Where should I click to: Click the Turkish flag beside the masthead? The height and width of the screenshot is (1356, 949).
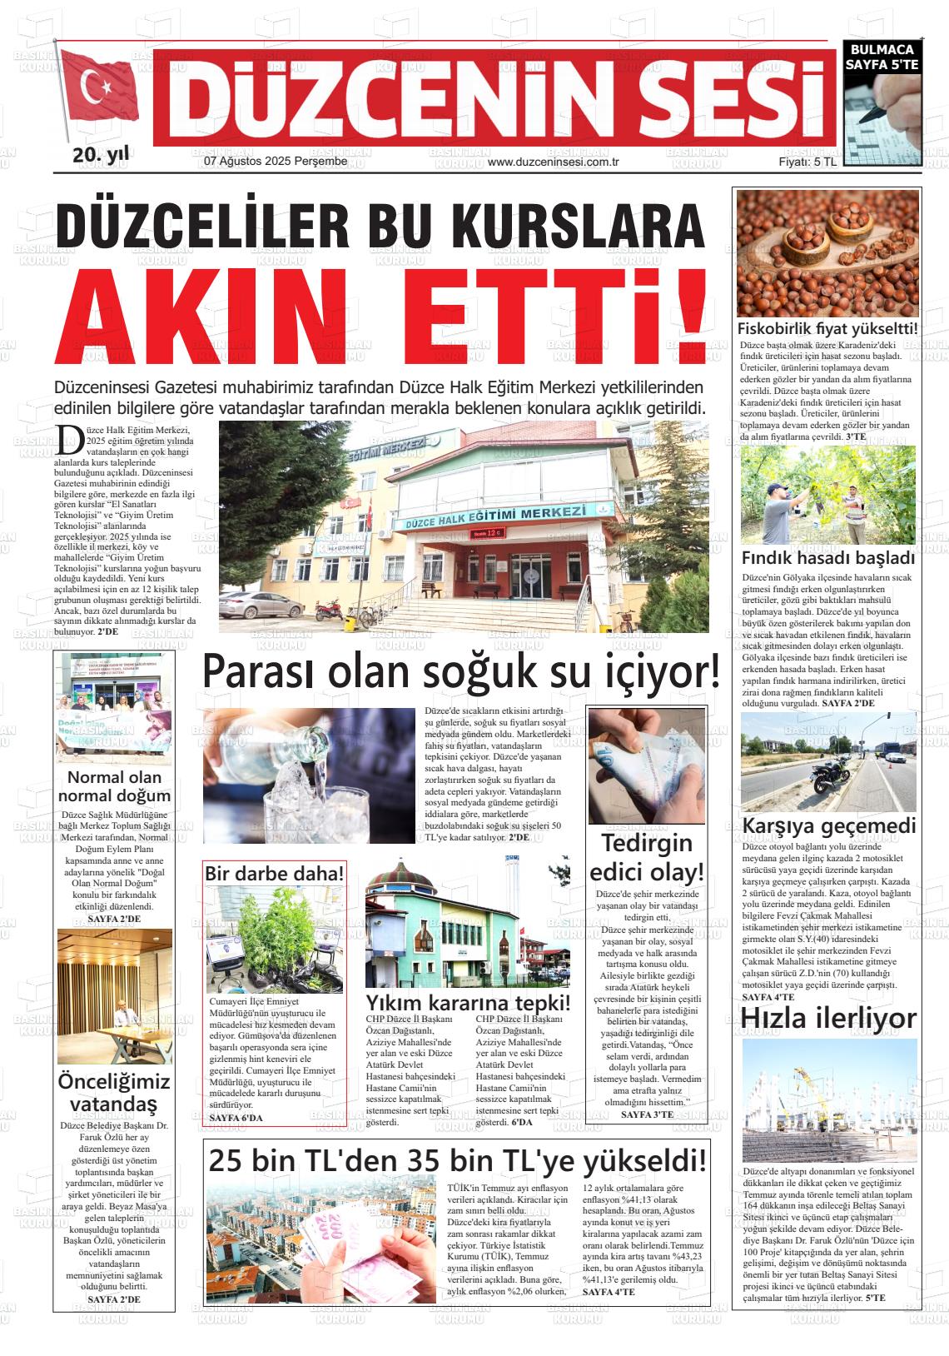101,88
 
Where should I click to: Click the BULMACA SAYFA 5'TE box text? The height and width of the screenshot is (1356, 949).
881,57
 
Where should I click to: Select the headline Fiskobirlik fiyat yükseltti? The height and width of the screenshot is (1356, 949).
828,328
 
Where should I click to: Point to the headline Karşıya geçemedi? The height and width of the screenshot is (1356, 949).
828,826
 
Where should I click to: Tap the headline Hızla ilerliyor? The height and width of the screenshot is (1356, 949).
828,1018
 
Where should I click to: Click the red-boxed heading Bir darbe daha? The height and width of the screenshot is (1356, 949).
275,874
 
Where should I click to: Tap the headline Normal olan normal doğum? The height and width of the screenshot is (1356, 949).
114,785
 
